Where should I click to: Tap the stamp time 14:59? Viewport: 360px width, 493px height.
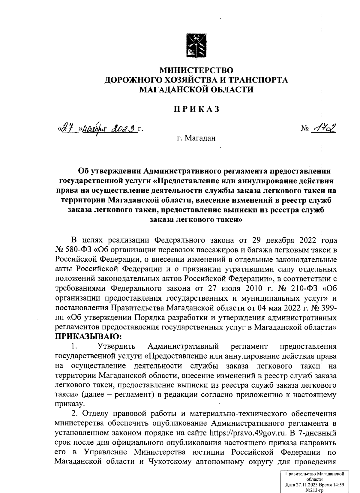(338, 485)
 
